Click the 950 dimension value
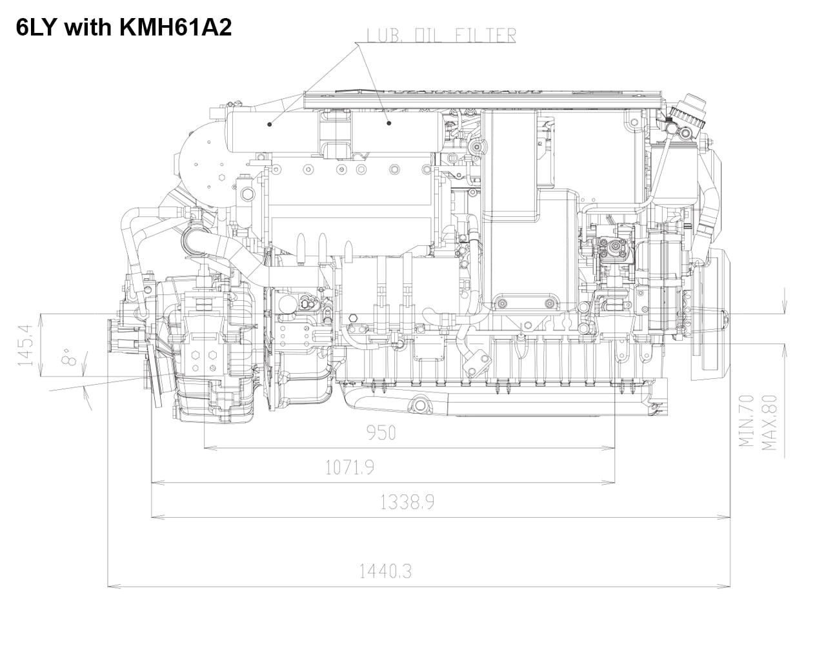[x=381, y=433]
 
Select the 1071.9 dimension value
[x=349, y=467]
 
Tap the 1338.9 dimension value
[x=407, y=502]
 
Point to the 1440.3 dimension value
[x=385, y=571]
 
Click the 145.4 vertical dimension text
[x=26, y=345]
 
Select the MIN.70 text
[x=747, y=421]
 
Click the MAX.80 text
[x=769, y=423]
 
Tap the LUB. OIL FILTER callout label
[x=441, y=36]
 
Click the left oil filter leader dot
[x=270, y=124]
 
